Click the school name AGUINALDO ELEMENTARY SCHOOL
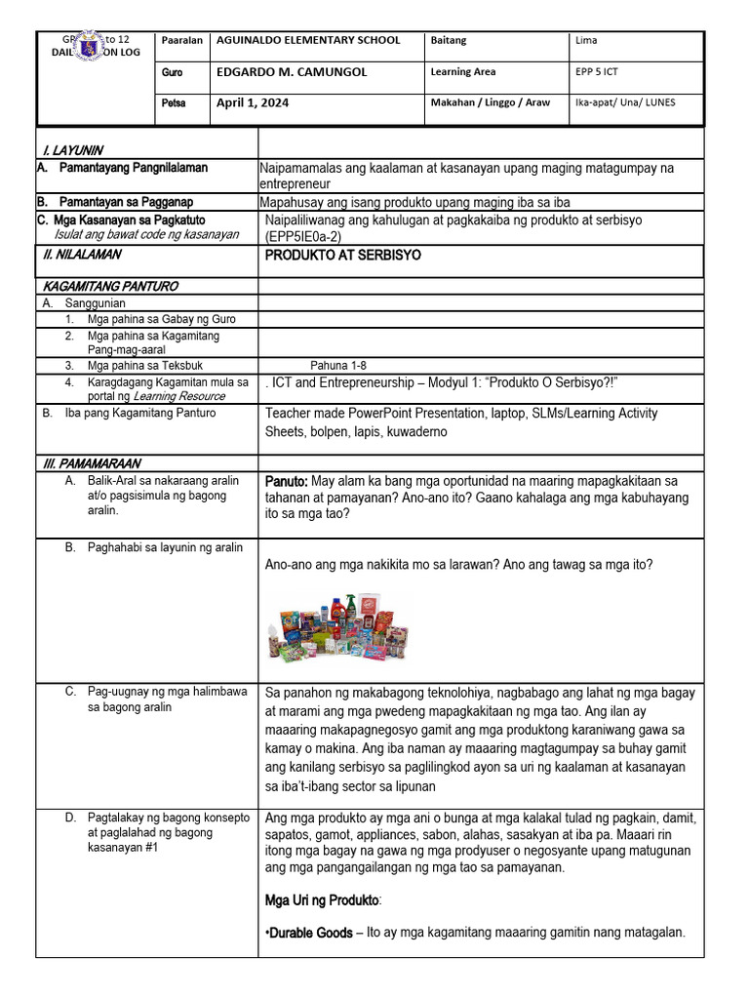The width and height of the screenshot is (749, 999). [308, 41]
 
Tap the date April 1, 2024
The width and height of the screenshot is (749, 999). [253, 102]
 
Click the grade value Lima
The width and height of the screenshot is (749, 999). [587, 41]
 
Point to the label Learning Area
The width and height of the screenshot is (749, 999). [462, 71]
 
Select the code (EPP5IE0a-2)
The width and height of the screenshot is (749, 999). [300, 236]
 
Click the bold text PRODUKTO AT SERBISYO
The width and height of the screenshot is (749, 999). [343, 255]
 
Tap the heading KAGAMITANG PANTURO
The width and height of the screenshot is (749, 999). [111, 286]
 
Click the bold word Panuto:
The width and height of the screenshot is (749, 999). [287, 481]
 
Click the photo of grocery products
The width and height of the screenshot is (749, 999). [337, 626]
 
